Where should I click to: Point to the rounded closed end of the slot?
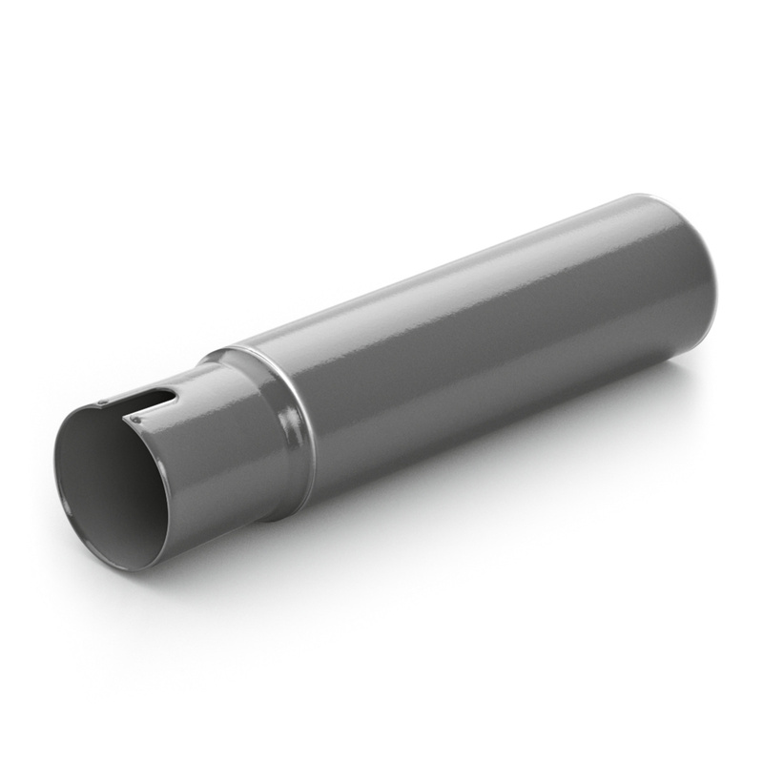click(x=172, y=393)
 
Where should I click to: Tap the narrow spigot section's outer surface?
click(x=210, y=458)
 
